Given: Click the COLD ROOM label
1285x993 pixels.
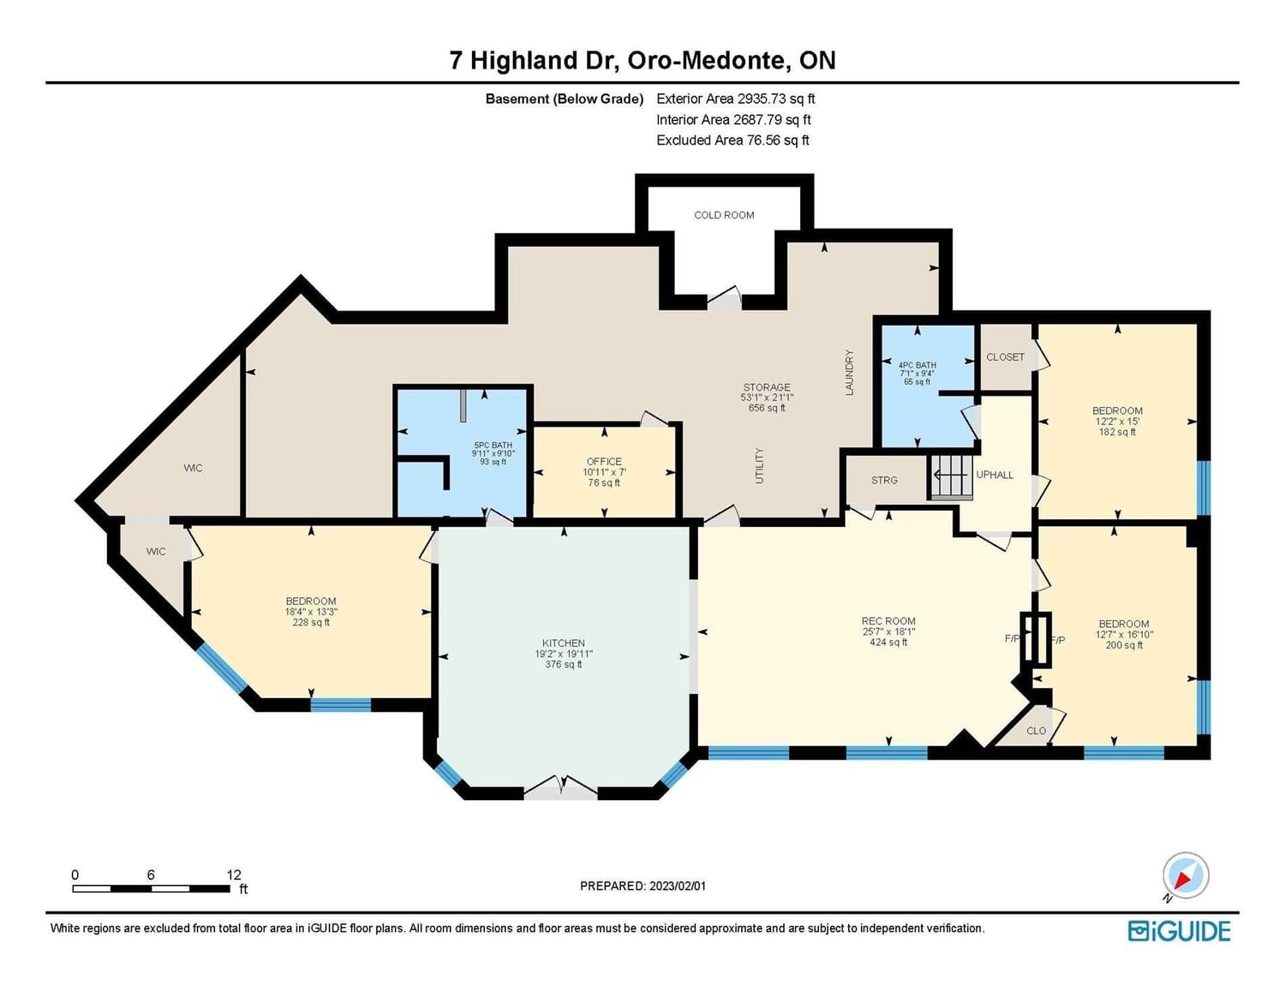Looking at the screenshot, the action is click(x=724, y=215).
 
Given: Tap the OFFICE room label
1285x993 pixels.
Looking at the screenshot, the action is click(x=604, y=461).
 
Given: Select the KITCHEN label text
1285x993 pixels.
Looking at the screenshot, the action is click(x=564, y=643).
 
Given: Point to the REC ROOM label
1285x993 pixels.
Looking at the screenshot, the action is click(x=888, y=621).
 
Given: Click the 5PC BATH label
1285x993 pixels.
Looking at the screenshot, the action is click(x=493, y=446).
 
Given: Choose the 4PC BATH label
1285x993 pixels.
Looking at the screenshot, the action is click(x=917, y=366).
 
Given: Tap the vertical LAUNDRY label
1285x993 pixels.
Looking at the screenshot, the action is click(x=850, y=373).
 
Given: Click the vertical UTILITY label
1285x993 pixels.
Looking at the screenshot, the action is click(x=760, y=466).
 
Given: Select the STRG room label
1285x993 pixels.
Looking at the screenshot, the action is click(x=884, y=481).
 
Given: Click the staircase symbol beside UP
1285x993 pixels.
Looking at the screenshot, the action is click(x=950, y=476).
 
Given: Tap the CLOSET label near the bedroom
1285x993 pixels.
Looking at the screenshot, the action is click(x=1005, y=357).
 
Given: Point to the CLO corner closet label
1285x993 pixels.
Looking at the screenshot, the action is click(x=1036, y=731).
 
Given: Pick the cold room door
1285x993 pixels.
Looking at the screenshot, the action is click(x=725, y=299).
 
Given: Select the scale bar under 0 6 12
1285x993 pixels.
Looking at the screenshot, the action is click(x=152, y=888).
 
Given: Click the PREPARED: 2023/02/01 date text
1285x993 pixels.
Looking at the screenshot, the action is click(x=642, y=886).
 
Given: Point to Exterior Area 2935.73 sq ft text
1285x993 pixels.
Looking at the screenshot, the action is click(x=736, y=99).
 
